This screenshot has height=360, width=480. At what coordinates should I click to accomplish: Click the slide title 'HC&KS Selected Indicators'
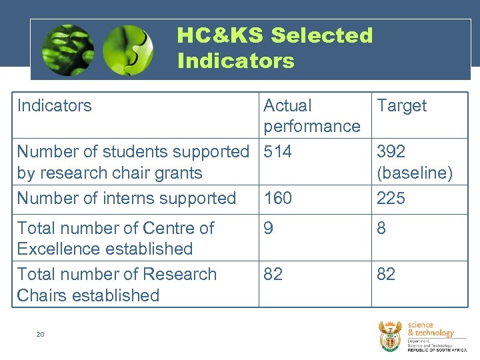(275, 47)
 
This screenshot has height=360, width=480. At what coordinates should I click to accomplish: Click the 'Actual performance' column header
(311, 115)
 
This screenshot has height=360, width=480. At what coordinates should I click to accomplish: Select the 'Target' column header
(401, 105)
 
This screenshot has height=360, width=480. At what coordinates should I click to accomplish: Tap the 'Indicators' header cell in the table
(55, 105)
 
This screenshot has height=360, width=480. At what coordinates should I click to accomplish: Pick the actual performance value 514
(277, 152)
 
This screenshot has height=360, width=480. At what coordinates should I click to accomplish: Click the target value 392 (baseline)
(414, 162)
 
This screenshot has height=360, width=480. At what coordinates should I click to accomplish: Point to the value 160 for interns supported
(277, 198)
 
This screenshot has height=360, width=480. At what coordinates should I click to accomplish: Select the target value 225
(391, 198)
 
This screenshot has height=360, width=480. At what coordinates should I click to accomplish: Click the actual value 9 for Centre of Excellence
(269, 228)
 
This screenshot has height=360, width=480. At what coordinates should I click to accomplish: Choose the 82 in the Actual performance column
(273, 274)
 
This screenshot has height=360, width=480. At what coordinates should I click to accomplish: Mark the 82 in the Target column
(386, 274)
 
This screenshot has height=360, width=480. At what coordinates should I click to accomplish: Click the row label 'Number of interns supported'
(127, 198)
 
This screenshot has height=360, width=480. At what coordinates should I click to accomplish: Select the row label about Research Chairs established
(117, 285)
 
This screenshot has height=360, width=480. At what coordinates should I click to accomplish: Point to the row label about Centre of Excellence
(115, 238)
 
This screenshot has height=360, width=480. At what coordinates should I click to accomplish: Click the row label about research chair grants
(132, 162)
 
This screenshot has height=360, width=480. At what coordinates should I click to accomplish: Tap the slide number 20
(40, 334)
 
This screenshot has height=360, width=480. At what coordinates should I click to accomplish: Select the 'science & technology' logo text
(430, 329)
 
